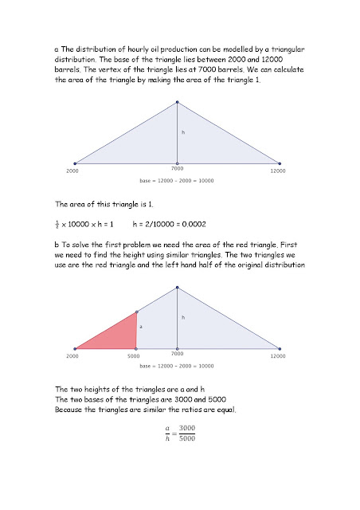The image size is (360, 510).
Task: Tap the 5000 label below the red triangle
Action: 136,356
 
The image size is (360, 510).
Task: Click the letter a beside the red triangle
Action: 141,327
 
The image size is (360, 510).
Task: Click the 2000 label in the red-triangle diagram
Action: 72,356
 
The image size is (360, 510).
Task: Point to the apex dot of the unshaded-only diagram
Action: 177,102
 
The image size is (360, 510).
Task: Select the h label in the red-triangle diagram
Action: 183,317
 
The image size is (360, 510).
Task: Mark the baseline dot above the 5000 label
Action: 136,348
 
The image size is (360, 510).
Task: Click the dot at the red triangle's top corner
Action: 136,312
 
